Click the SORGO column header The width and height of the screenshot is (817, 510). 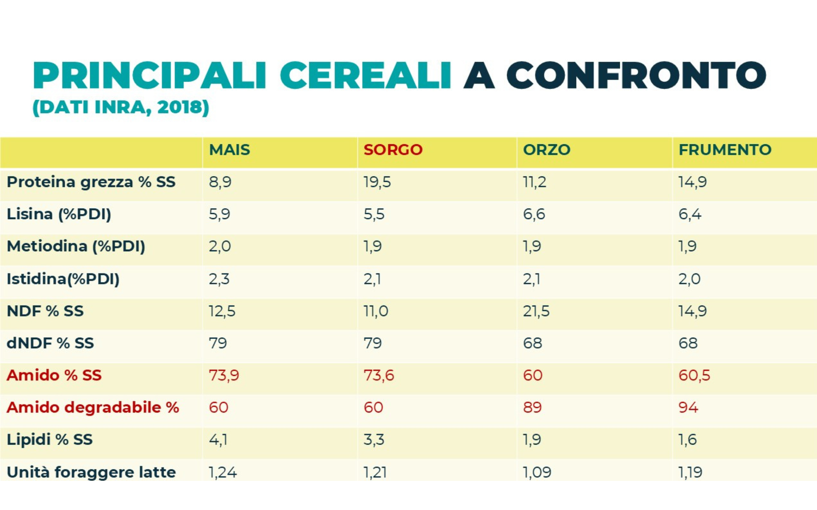(393, 150)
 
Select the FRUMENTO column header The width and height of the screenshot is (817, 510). (725, 150)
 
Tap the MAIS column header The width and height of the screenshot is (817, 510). (229, 150)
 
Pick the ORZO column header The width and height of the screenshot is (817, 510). (546, 150)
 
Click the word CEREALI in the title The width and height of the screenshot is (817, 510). (365, 75)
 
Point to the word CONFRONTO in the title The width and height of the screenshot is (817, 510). (636, 75)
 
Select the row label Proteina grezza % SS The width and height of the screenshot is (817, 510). (91, 182)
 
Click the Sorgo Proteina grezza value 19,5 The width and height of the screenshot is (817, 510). (377, 182)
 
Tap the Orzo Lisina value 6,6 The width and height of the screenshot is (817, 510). (534, 214)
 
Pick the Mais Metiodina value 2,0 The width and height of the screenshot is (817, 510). (219, 246)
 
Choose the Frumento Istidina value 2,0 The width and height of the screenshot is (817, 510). (689, 279)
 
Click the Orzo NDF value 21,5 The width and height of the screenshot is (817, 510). (536, 311)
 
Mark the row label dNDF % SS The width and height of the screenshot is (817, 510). (50, 343)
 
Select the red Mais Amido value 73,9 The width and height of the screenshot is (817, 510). (224, 376)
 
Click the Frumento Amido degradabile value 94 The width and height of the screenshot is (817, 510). (688, 407)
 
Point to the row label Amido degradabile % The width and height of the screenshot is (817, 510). (92, 407)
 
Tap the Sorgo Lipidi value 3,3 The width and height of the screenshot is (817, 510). (374, 440)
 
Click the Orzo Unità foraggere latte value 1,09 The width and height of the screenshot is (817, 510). (537, 472)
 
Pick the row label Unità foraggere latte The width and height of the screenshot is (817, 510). (91, 472)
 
